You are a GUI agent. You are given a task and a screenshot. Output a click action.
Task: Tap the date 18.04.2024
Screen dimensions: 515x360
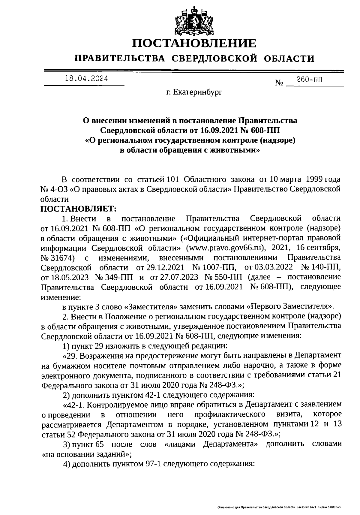coord(86,79)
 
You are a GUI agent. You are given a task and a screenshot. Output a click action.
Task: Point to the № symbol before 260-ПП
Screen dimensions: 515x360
coord(279,83)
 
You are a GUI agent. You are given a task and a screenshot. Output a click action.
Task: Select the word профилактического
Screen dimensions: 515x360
coord(230,414)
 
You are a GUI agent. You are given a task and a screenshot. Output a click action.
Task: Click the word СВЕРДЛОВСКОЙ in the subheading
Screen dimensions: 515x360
coord(214,58)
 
